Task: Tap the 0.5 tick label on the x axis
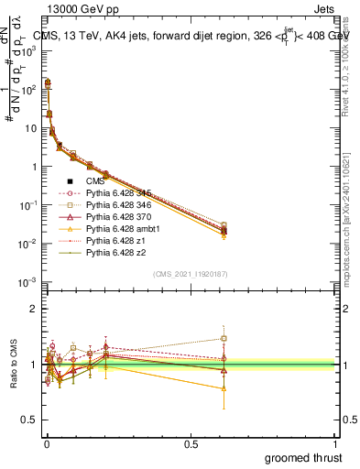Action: click(x=191, y=443)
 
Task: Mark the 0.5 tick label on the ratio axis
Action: click(x=30, y=420)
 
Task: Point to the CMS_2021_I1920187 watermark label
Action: click(x=191, y=273)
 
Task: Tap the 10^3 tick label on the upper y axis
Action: click(x=29, y=51)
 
